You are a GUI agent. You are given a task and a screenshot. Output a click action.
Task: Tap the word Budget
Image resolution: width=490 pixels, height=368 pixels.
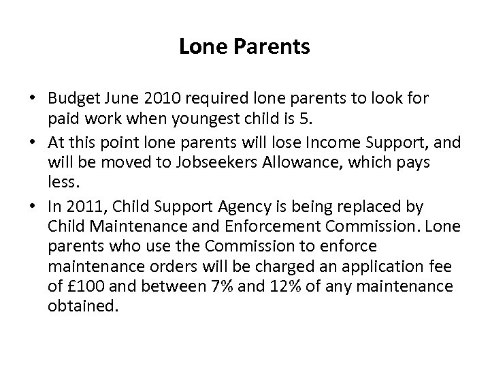(71, 99)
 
